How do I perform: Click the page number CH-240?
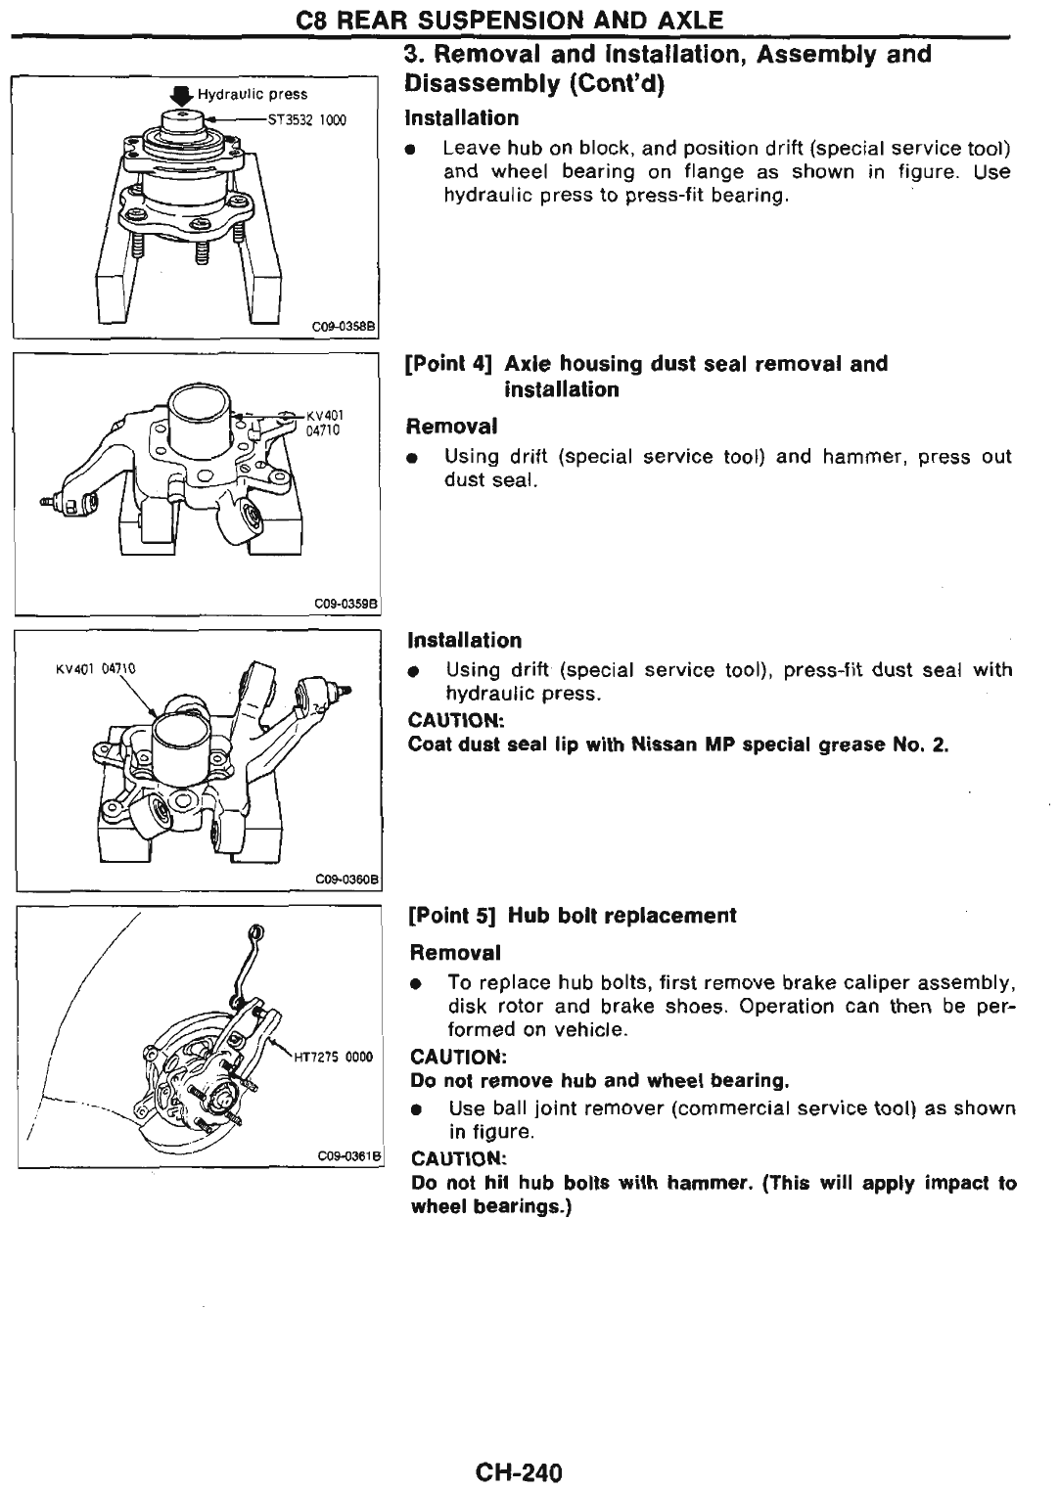tap(520, 1471)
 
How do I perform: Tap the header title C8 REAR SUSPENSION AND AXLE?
tap(529, 19)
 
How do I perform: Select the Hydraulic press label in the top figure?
tap(253, 95)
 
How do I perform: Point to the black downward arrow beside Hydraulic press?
tap(179, 95)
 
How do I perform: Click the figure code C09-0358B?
tap(347, 326)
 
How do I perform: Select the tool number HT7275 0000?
tap(333, 1057)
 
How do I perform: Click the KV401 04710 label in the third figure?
tap(94, 669)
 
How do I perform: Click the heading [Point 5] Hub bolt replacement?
tap(573, 916)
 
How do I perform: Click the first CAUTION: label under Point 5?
tap(457, 1057)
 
